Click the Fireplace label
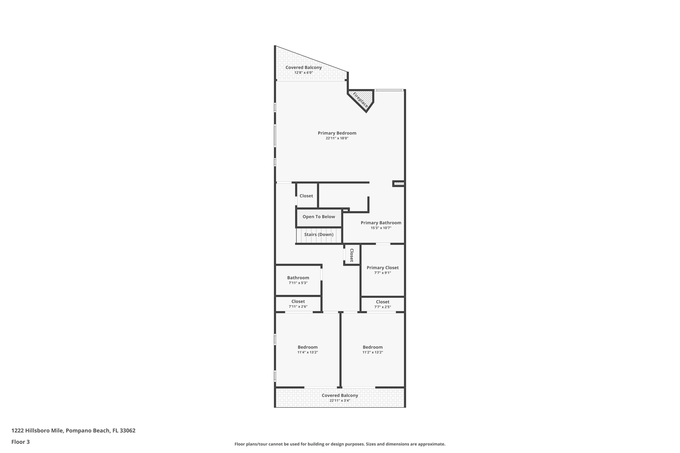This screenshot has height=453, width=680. click(x=360, y=100)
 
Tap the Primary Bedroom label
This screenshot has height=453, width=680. click(x=337, y=133)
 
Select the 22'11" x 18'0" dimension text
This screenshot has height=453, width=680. click(x=337, y=138)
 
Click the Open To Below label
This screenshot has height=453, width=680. click(x=319, y=217)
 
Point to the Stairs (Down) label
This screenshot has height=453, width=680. click(x=319, y=234)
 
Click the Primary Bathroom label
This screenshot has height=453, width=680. click(x=381, y=223)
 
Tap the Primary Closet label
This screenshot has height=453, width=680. click(x=383, y=268)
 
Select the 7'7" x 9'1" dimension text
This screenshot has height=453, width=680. click(x=383, y=273)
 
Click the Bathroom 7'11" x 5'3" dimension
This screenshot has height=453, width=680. click(x=298, y=283)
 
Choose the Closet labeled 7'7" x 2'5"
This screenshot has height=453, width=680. click(x=383, y=302)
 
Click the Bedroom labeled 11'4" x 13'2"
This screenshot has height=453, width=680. click(x=308, y=347)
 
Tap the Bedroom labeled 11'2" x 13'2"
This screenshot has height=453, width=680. click(x=372, y=347)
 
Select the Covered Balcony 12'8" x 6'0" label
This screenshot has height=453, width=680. click(x=304, y=67)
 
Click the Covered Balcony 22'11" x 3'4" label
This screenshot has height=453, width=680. click(x=340, y=395)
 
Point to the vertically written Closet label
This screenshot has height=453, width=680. click(x=352, y=255)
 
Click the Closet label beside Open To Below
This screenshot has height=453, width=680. click(x=306, y=196)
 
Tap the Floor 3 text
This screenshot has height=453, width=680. click(x=21, y=442)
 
